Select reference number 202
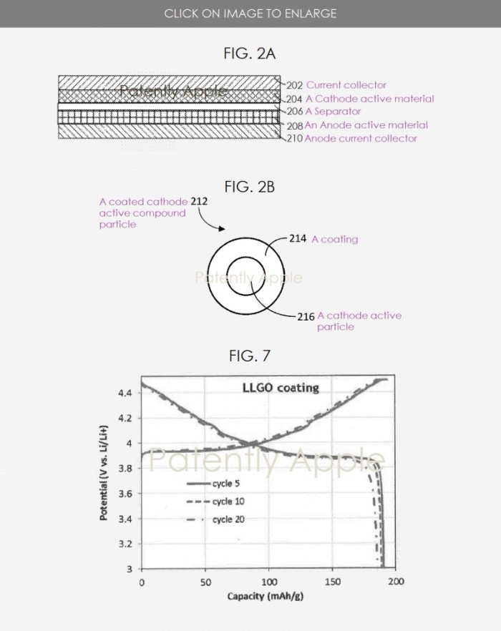295,85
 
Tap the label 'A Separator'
333,112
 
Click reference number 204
295,99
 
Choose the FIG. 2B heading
250,187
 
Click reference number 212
200,202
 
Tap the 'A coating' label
334,240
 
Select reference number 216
306,316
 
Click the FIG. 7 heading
250,356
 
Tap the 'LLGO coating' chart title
278,388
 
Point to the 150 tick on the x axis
332,582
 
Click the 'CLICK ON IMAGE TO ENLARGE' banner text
250,14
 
